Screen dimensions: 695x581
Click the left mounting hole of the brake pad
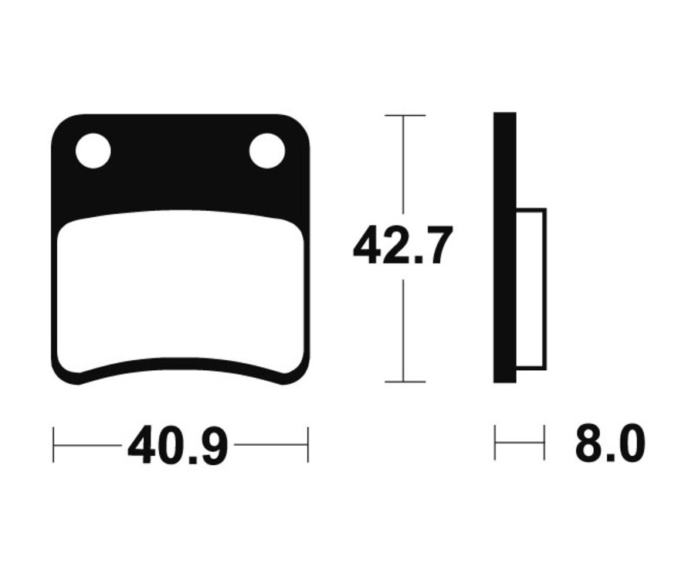click(93, 151)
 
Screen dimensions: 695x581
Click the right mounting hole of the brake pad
click(267, 151)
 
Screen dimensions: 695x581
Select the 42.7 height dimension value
click(402, 245)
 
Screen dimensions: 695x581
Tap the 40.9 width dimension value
click(178, 445)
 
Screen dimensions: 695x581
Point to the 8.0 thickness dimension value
click(610, 443)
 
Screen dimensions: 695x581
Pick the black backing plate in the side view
click(505, 247)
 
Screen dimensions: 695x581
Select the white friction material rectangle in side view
click(531, 289)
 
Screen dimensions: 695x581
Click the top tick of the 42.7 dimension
click(405, 115)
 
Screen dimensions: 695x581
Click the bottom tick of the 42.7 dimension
click(405, 382)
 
